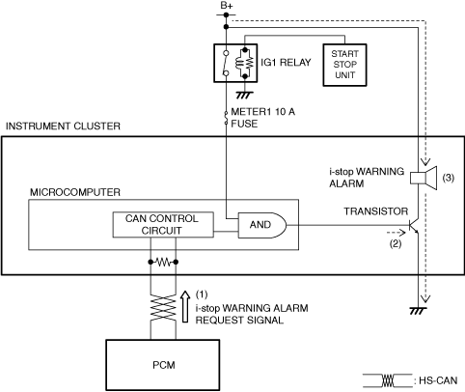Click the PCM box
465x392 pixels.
coord(163,365)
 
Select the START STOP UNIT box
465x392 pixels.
coord(344,65)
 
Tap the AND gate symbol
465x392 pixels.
coord(261,225)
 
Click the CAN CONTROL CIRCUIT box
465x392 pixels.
coord(163,225)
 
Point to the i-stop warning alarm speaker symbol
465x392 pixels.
coord(424,178)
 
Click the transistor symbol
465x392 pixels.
coord(414,226)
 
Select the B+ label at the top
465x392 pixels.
coord(227,6)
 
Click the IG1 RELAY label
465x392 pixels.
coord(286,62)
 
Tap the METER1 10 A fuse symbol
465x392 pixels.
coord(226,118)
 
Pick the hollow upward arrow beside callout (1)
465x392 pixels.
coord(185,306)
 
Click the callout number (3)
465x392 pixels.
coord(449,178)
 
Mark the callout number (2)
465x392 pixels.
coord(396,243)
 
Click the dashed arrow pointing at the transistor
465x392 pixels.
coord(397,232)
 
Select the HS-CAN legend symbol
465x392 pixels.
coord(388,380)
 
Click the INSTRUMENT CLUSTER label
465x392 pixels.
coord(63,126)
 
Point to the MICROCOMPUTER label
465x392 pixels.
coord(75,192)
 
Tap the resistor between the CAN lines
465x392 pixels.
coord(163,263)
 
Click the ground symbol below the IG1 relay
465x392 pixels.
coord(245,95)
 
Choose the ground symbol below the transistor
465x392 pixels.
coord(419,311)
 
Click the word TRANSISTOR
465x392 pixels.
coord(376,211)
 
